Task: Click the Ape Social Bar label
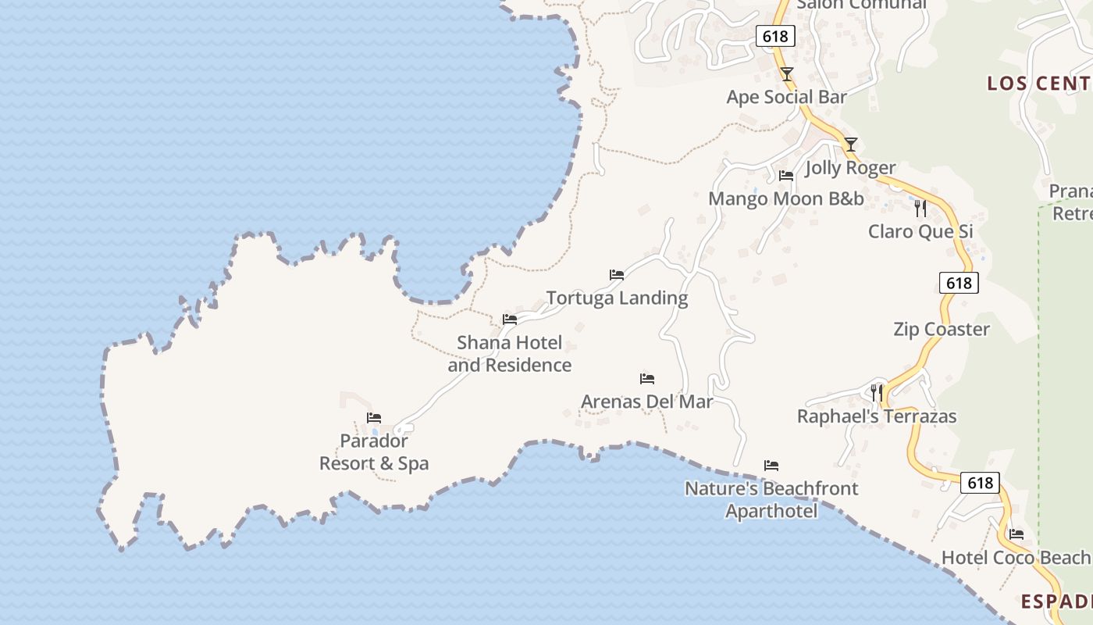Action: point(786,97)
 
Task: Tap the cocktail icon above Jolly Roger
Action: point(851,145)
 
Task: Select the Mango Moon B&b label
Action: point(785,198)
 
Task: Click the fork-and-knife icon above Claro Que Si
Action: point(920,208)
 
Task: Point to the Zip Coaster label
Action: point(941,329)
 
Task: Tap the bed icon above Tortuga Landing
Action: point(617,275)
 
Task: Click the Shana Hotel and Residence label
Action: point(509,354)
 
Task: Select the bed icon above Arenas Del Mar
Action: point(647,379)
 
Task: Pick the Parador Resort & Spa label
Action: point(374,452)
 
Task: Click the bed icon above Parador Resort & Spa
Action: point(374,418)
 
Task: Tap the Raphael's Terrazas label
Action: point(876,416)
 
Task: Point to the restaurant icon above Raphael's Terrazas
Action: point(877,392)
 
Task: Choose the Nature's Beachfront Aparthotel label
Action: point(771,499)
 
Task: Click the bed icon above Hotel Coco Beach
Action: point(1016,534)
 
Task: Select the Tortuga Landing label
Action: point(617,298)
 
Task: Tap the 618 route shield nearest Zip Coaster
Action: point(958,283)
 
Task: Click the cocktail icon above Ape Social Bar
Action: point(787,74)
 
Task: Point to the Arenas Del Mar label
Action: point(646,402)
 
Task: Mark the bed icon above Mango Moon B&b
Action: point(786,176)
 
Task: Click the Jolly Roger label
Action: point(850,168)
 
